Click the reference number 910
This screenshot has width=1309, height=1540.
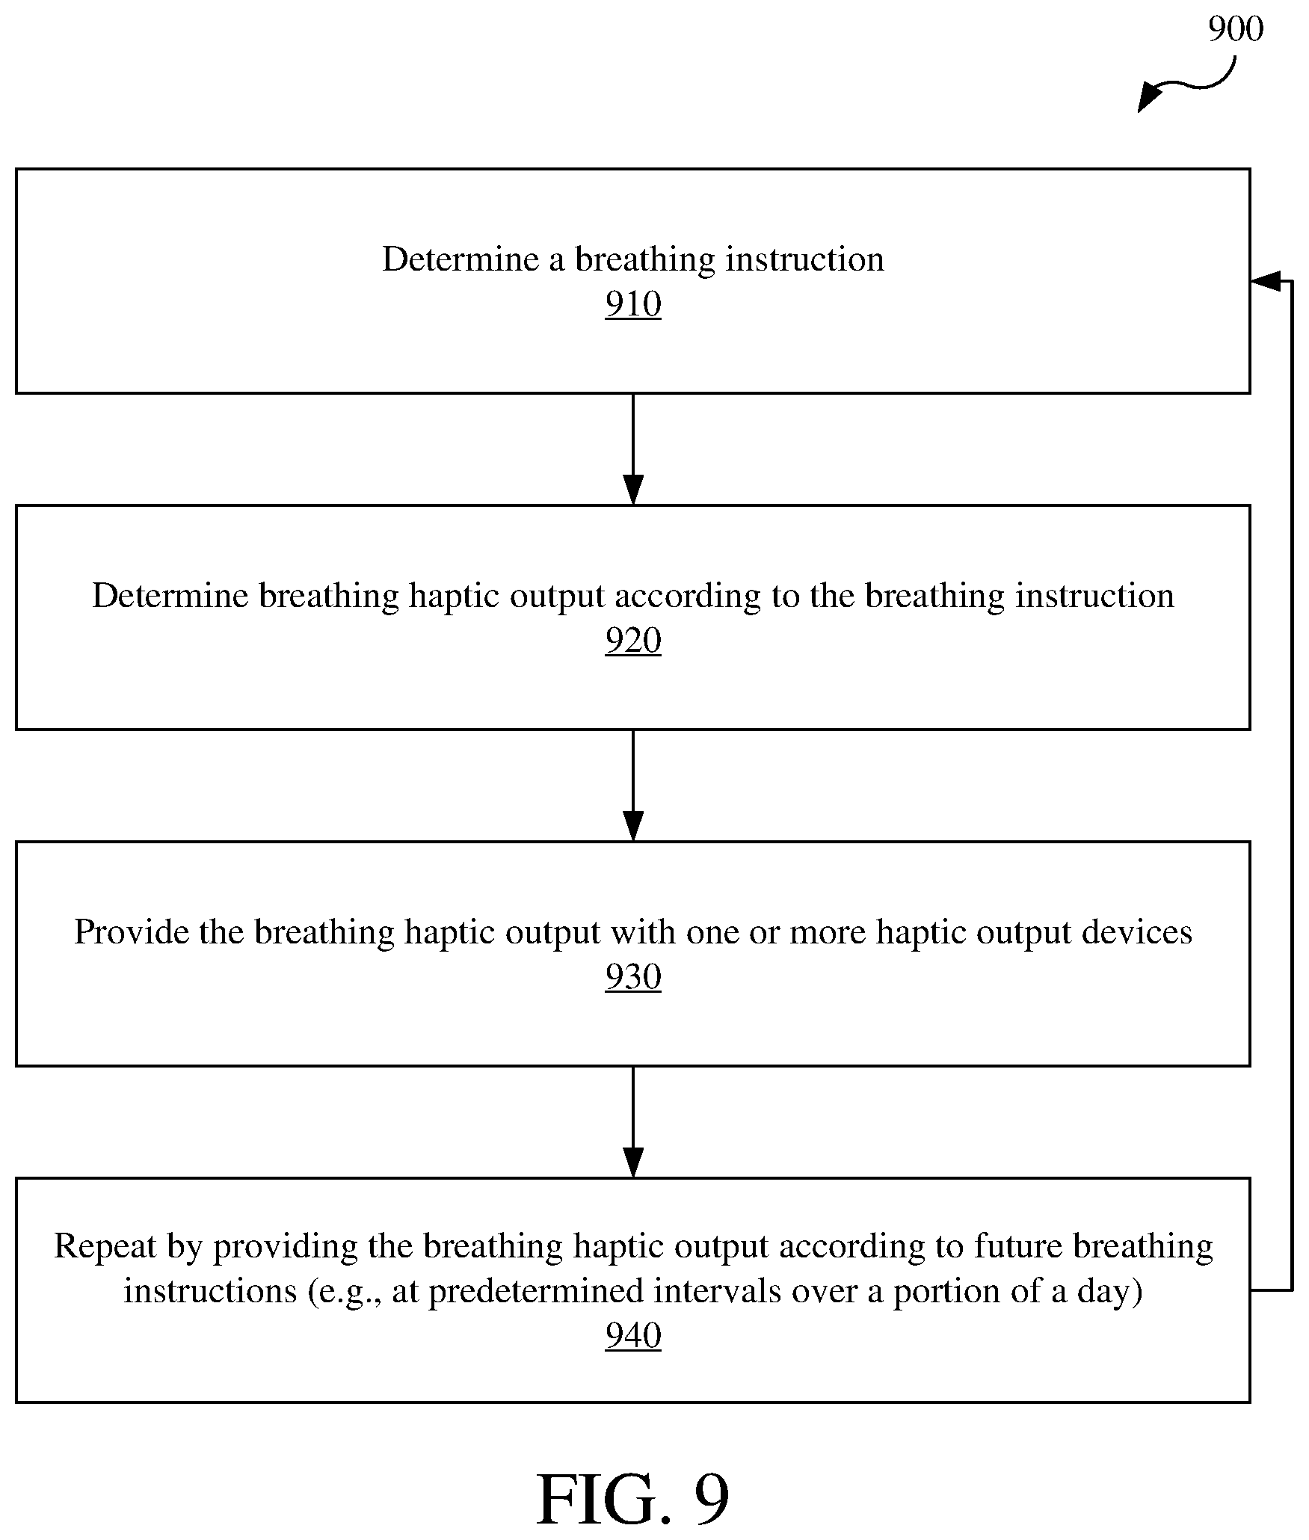633,304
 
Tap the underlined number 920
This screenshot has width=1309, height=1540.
633,641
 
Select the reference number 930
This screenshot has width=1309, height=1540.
633,977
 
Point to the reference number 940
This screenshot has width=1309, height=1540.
633,1336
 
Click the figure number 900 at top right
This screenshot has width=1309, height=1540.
1236,29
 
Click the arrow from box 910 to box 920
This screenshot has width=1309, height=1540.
633,449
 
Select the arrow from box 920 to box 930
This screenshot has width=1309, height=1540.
633,786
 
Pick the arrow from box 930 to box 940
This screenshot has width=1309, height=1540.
633,1122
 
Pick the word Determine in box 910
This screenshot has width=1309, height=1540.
461,259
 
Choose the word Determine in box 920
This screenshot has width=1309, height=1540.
170,596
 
